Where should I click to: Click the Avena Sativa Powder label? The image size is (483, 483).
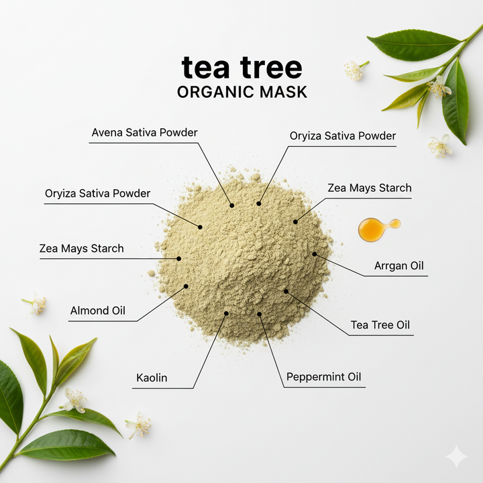tap(144, 132)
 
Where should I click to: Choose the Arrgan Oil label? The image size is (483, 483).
tap(399, 266)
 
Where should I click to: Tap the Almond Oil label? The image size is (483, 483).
tap(98, 311)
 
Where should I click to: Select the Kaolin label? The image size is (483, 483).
tap(152, 378)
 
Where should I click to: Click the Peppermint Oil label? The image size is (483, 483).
tap(323, 377)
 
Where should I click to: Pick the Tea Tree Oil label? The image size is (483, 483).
tap(380, 325)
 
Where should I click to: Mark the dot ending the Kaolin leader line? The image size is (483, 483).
tap(226, 313)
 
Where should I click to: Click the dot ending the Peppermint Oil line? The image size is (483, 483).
tap(260, 314)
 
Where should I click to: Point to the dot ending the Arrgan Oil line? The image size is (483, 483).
tap(315, 254)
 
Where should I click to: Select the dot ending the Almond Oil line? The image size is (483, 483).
tap(186, 286)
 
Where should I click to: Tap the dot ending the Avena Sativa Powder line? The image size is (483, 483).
tap(232, 205)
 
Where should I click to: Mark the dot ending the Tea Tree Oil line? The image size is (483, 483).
tap(286, 291)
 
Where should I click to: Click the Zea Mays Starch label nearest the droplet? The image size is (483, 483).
tap(370, 188)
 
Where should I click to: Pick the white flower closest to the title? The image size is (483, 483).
tap(355, 70)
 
